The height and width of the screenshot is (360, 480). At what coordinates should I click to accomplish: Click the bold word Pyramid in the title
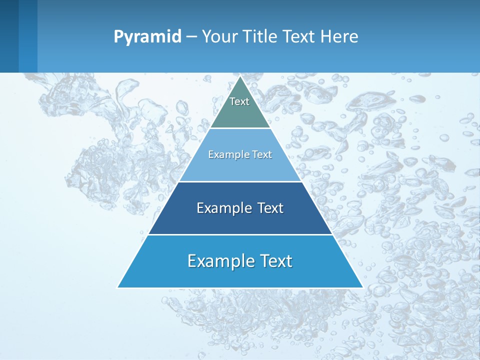click(x=147, y=37)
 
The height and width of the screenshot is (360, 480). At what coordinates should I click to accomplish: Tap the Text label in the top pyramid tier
click(x=239, y=101)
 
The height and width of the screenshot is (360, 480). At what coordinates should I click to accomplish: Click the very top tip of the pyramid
click(x=240, y=76)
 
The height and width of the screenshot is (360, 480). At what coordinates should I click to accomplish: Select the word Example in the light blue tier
click(x=224, y=155)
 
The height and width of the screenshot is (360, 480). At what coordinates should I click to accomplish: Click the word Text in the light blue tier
click(x=262, y=155)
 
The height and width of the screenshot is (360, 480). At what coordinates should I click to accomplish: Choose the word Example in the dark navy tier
click(x=218, y=208)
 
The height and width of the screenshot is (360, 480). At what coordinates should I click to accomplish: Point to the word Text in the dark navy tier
click(x=269, y=208)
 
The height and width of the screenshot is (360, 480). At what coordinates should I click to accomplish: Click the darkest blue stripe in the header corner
click(x=9, y=36)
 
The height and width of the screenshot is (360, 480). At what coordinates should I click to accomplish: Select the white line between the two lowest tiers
click(x=240, y=234)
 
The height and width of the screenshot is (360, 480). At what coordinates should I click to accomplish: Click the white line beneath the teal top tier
click(x=240, y=128)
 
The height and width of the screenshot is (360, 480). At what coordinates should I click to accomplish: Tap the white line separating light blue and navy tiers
click(x=240, y=181)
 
